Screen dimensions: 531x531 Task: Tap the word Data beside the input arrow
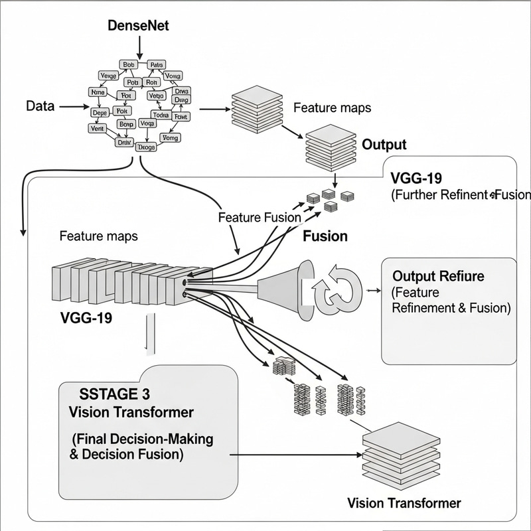pyautogui.click(x=39, y=106)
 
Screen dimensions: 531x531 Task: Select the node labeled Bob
pyautogui.click(x=128, y=64)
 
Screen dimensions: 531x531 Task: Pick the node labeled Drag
pyautogui.click(x=179, y=100)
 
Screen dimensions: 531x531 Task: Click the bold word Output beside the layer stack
pyautogui.click(x=384, y=145)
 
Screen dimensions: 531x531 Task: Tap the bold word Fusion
pyautogui.click(x=325, y=236)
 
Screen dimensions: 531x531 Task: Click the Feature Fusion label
pyautogui.click(x=259, y=217)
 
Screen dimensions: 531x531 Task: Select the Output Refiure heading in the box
pyautogui.click(x=438, y=276)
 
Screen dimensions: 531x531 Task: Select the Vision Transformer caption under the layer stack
pyautogui.click(x=404, y=502)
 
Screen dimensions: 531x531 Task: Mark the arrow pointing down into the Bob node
pyautogui.click(x=139, y=46)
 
